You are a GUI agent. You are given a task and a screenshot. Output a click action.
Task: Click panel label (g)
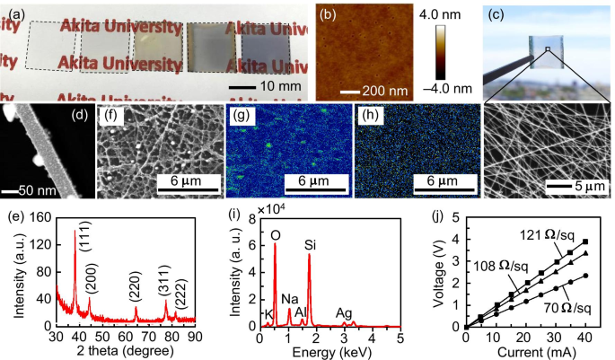243,116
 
